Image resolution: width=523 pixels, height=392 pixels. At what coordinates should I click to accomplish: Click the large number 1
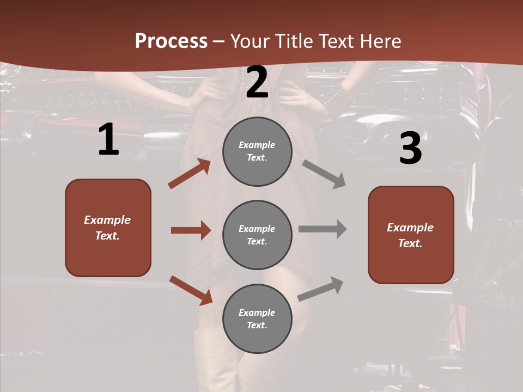(x=108, y=140)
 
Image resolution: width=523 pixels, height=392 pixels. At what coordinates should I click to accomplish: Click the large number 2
(x=257, y=82)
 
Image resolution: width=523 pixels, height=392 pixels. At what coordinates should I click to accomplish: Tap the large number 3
(x=410, y=149)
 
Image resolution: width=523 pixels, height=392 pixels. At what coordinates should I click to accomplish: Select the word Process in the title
(x=171, y=41)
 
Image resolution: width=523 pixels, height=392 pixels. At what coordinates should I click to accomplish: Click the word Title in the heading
(x=295, y=41)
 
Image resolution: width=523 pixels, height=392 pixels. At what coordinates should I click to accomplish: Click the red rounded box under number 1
(x=108, y=228)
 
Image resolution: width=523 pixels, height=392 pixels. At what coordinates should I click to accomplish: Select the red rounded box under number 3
(x=411, y=235)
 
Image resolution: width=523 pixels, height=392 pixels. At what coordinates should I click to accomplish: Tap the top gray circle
(x=257, y=151)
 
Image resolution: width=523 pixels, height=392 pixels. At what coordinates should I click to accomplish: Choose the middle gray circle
(x=257, y=235)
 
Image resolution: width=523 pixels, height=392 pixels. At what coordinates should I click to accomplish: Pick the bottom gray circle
(x=257, y=318)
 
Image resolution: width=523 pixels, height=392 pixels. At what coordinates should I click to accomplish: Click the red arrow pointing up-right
(x=190, y=174)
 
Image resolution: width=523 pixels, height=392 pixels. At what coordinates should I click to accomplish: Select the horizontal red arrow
(x=191, y=230)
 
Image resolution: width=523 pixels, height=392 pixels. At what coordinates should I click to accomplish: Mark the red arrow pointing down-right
(x=191, y=290)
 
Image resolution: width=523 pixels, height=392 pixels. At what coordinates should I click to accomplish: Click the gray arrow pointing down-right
(x=324, y=174)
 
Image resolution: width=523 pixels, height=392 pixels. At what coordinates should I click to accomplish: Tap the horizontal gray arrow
(x=323, y=229)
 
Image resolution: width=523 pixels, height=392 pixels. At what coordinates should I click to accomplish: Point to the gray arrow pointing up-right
(x=320, y=289)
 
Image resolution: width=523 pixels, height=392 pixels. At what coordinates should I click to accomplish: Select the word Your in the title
(x=251, y=41)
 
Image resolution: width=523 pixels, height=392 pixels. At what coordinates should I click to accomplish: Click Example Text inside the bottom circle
(x=257, y=318)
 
